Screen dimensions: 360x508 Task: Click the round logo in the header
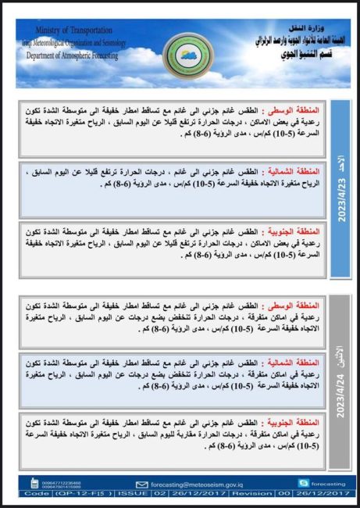pyautogui.click(x=182, y=55)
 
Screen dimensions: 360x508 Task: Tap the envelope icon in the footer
pyautogui.click(x=141, y=484)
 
